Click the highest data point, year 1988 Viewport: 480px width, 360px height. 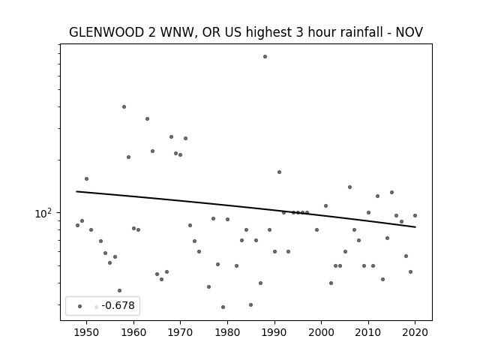pyautogui.click(x=265, y=57)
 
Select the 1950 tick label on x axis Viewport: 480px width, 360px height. pyautogui.click(x=87, y=332)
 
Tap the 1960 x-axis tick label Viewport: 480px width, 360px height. pyautogui.click(x=133, y=332)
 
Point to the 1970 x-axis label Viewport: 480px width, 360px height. pyautogui.click(x=180, y=332)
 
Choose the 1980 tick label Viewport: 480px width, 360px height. pyautogui.click(x=227, y=332)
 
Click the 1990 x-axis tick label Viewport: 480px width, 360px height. pyautogui.click(x=274, y=332)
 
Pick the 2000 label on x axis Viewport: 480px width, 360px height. pyautogui.click(x=322, y=332)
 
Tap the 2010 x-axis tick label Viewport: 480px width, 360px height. pyautogui.click(x=368, y=332)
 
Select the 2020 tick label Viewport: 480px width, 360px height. pyautogui.click(x=415, y=332)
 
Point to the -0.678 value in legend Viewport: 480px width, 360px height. pyautogui.click(x=118, y=305)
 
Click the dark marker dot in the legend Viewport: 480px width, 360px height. pyautogui.click(x=80, y=306)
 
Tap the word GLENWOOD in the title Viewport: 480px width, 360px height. pyautogui.click(x=106, y=32)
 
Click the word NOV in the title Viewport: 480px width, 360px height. pyautogui.click(x=409, y=32)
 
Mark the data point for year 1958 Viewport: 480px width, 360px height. pyautogui.click(x=124, y=106)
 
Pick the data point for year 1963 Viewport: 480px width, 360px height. pyautogui.click(x=147, y=118)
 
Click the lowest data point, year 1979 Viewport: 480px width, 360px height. pyautogui.click(x=223, y=307)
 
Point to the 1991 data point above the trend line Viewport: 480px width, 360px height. pyautogui.click(x=279, y=172)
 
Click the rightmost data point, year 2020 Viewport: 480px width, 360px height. pyautogui.click(x=415, y=215)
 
